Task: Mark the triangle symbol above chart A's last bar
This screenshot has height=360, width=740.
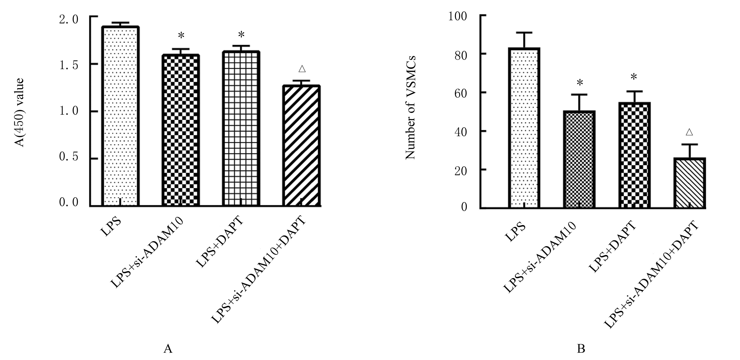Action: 302,69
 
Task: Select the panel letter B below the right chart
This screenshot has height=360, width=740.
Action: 581,349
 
